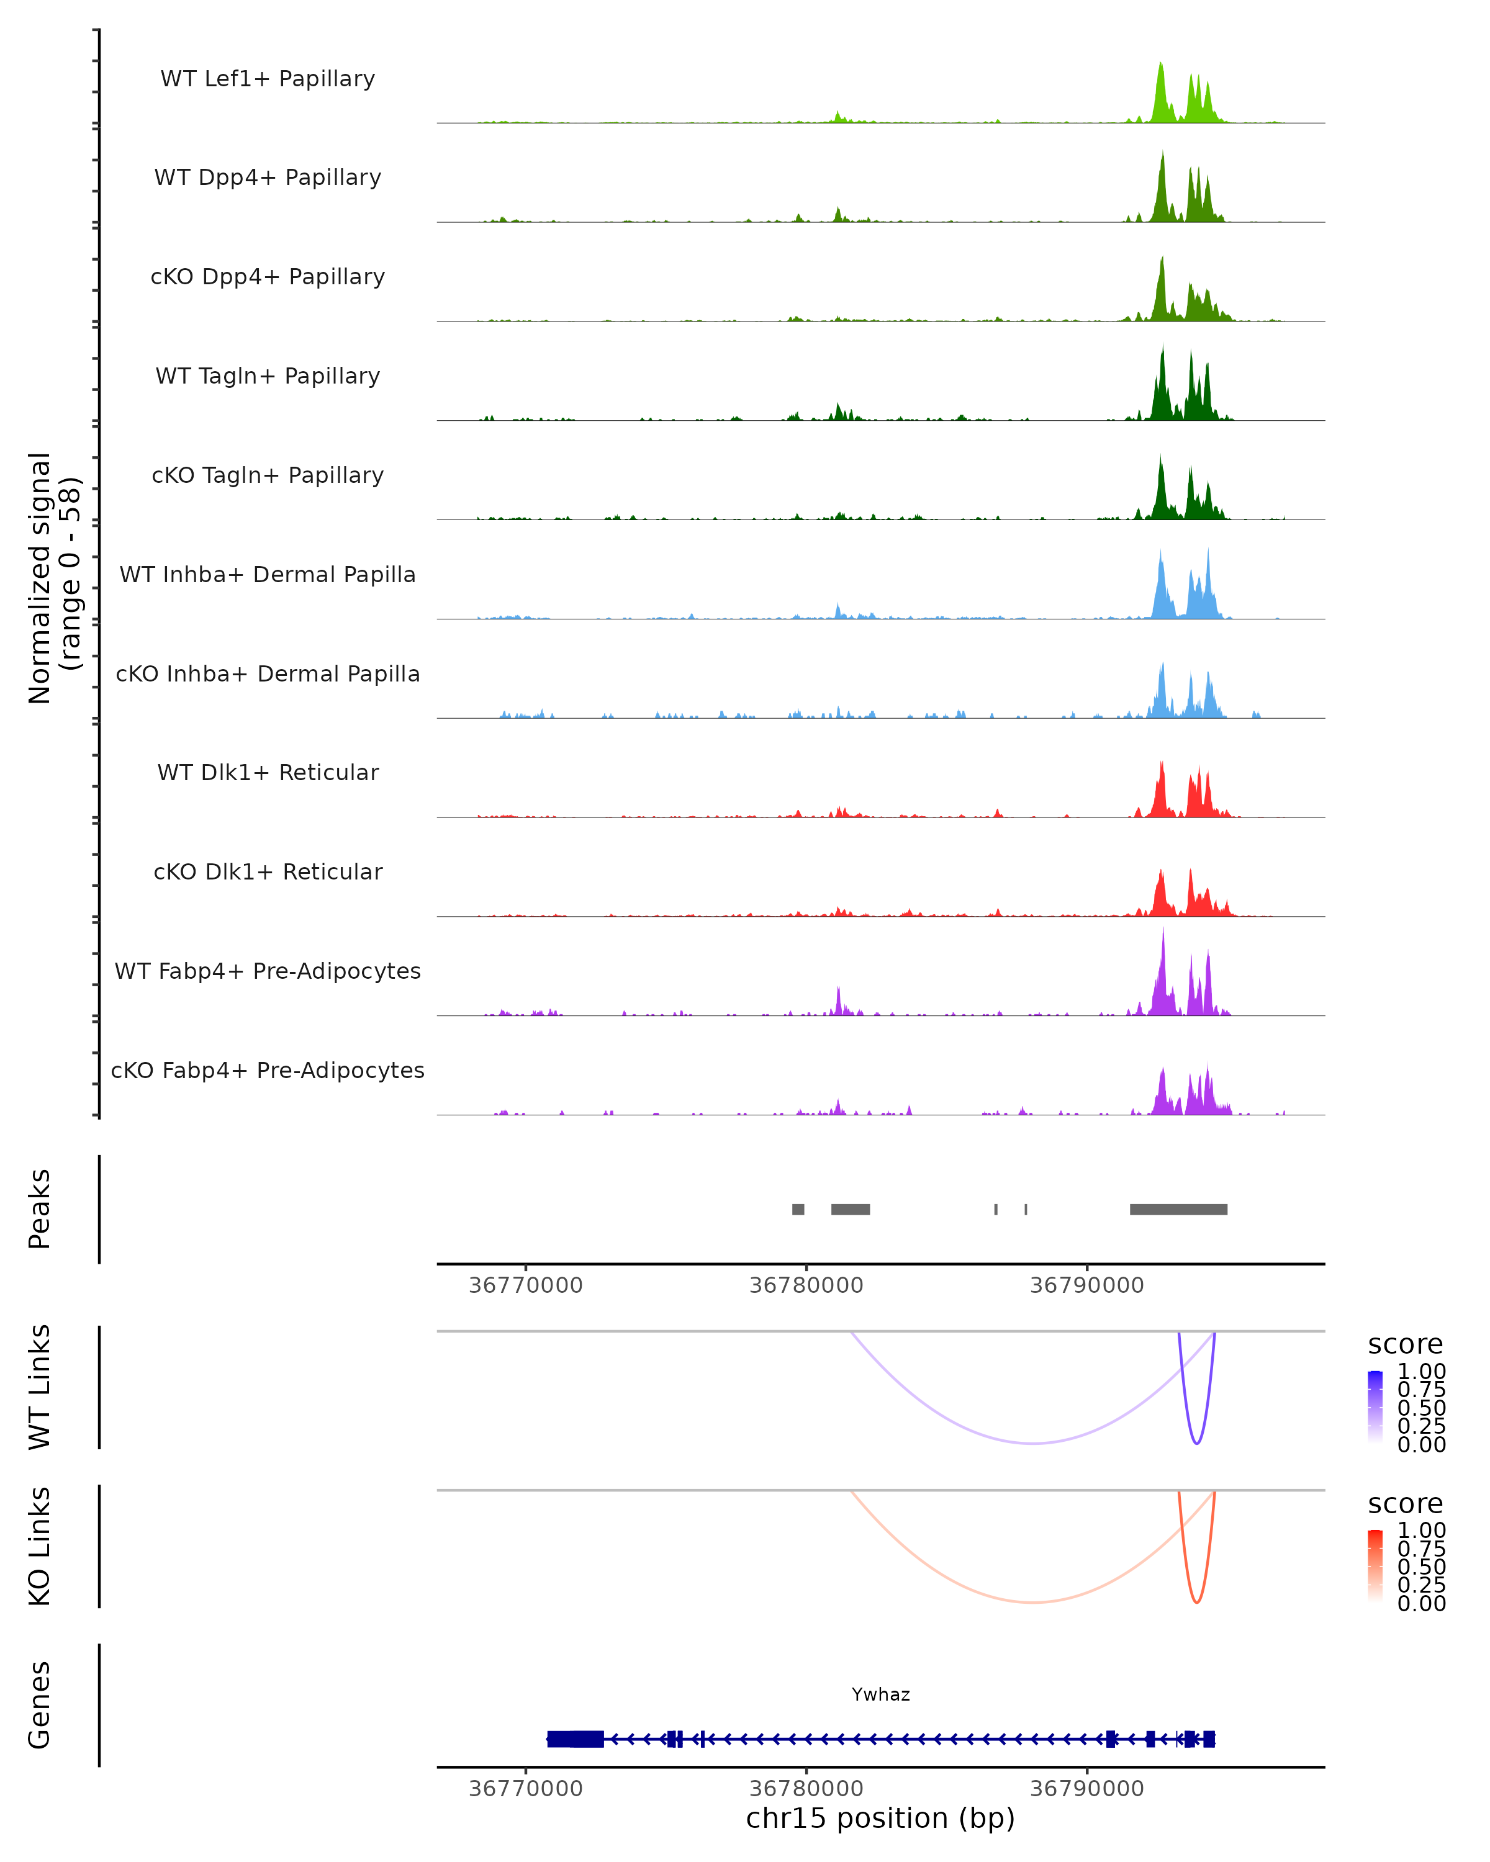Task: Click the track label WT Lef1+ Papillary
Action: [268, 79]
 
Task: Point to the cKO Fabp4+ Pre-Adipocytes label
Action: [268, 1070]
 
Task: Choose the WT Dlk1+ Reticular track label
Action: [268, 773]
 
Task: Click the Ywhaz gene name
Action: [880, 1694]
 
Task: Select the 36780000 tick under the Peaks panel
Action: [806, 1285]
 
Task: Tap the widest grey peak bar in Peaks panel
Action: [1178, 1209]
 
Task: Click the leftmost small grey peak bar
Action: [798, 1209]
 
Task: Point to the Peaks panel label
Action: [40, 1208]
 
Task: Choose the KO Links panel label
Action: [40, 1546]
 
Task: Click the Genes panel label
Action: [40, 1705]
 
